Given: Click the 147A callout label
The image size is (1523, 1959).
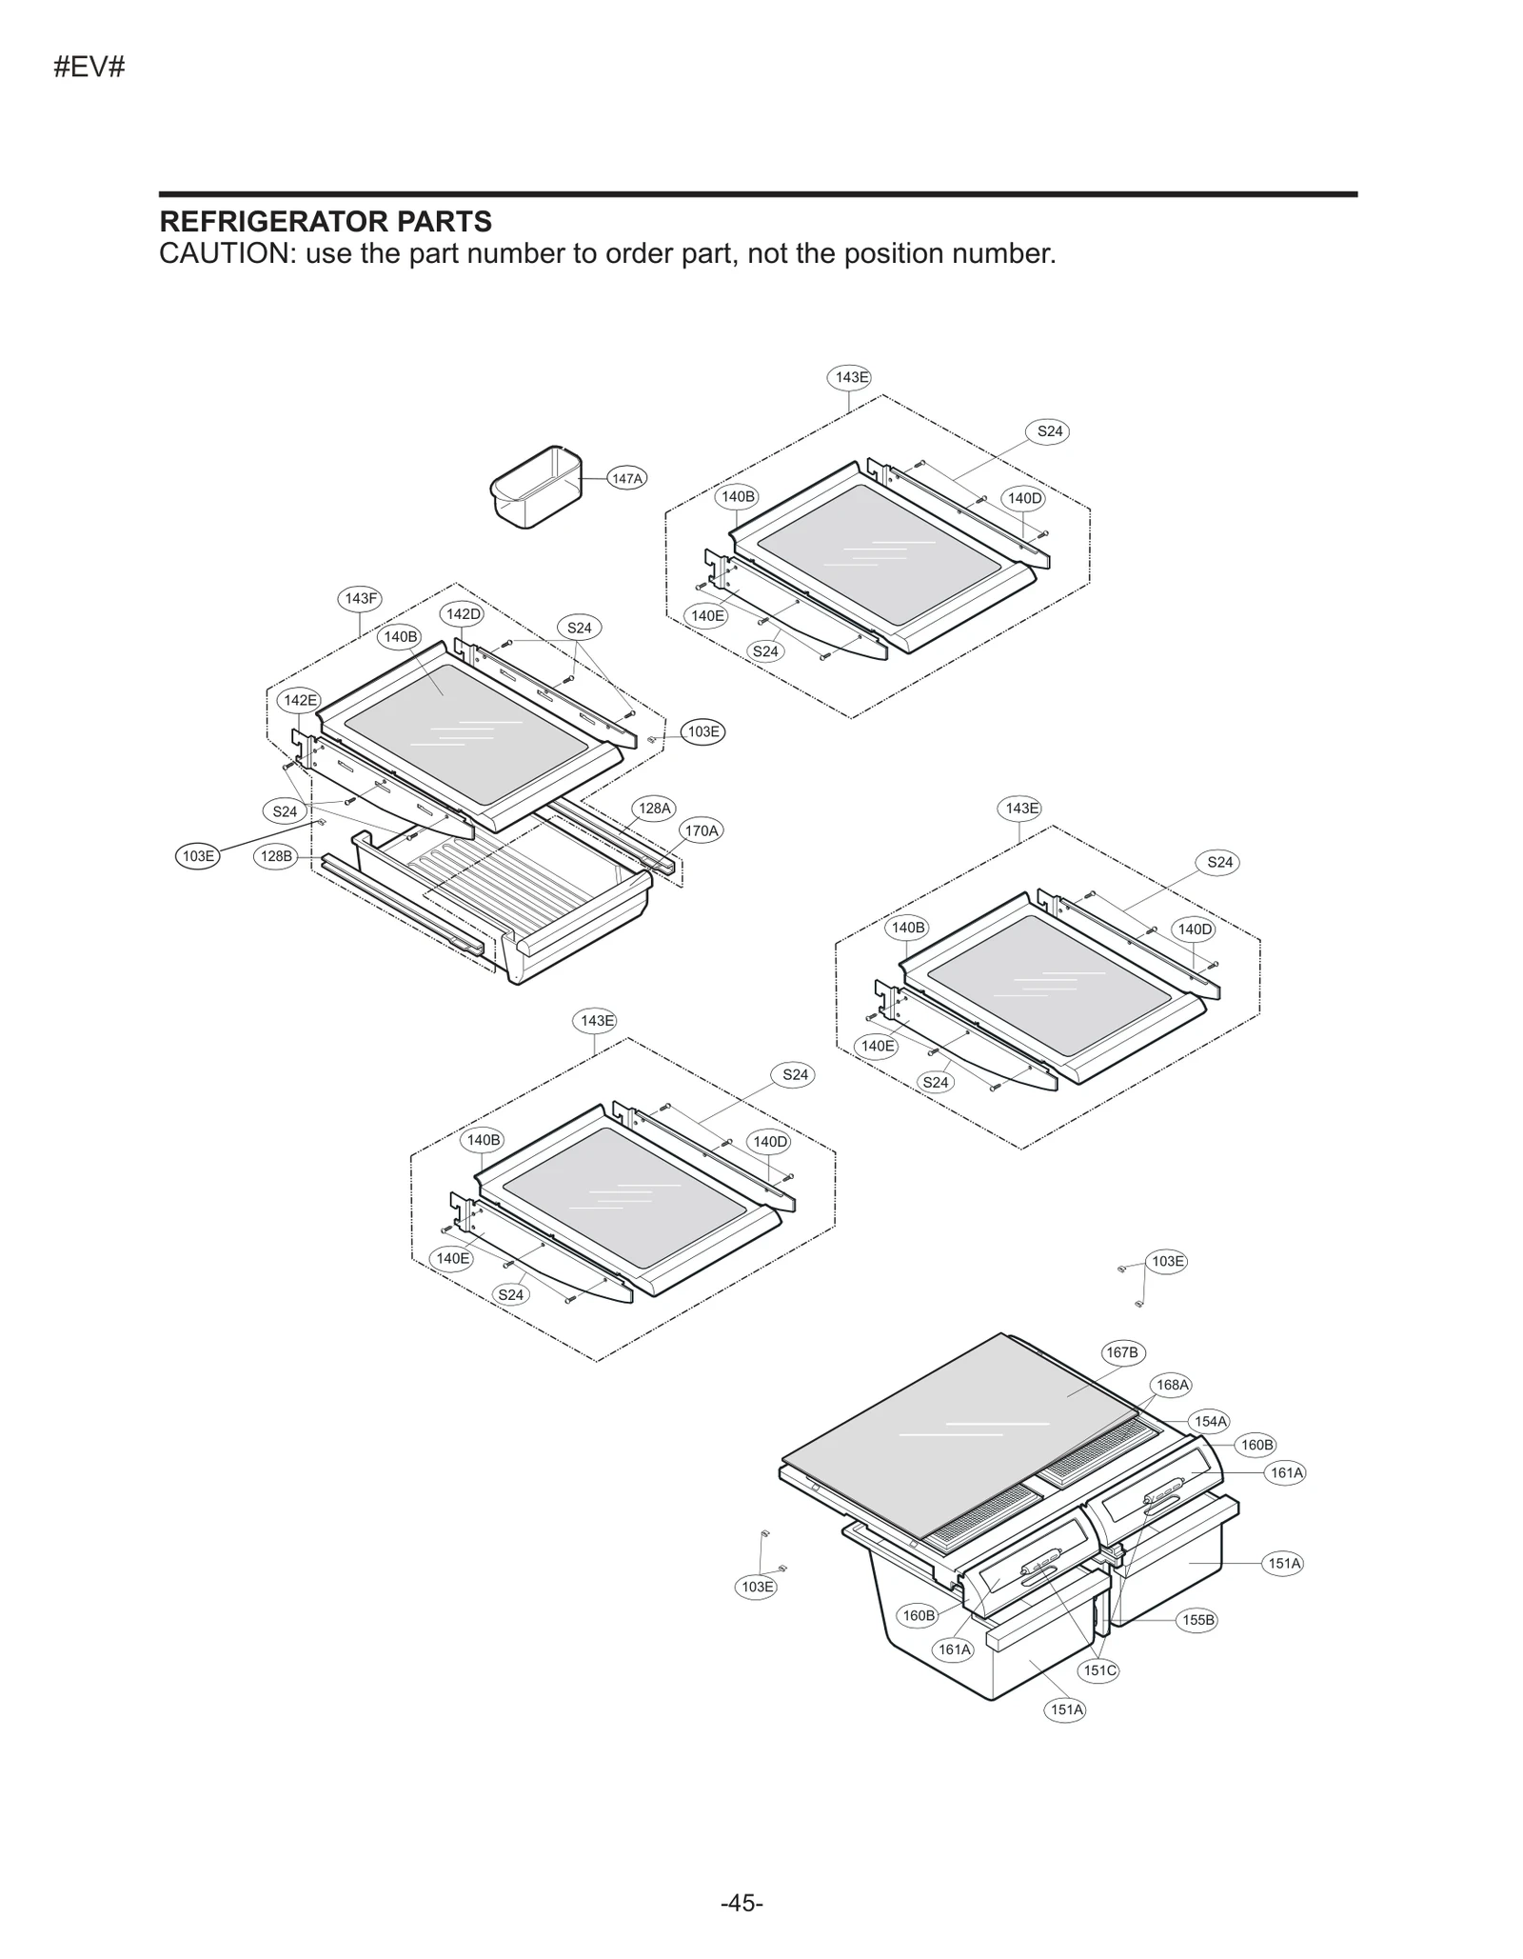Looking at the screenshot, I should click(x=626, y=478).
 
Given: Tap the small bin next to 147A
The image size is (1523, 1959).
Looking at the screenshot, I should click(x=536, y=486).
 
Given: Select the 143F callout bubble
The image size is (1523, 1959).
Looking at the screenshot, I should click(x=360, y=598).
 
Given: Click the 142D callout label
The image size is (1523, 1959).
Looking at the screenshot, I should click(x=463, y=614).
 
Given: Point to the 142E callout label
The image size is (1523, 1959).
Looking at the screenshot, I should click(x=300, y=700).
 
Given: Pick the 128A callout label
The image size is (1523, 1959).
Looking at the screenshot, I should click(x=654, y=809).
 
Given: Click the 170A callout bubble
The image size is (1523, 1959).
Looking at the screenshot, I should click(x=702, y=830).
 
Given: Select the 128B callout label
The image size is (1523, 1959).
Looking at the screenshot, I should click(x=276, y=856).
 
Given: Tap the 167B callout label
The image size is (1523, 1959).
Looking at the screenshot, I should click(x=1122, y=1352).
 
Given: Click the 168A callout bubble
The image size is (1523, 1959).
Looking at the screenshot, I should click(x=1172, y=1385).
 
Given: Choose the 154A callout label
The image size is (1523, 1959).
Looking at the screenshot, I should click(x=1211, y=1421).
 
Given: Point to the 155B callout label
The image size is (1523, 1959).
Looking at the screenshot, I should click(x=1197, y=1620).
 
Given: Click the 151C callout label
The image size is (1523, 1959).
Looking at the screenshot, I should click(x=1099, y=1670).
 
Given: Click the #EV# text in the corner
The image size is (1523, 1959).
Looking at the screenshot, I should click(x=89, y=68).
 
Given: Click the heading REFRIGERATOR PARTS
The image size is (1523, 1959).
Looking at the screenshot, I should click(x=326, y=222).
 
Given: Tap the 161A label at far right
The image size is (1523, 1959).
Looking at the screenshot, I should click(x=1286, y=1472).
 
